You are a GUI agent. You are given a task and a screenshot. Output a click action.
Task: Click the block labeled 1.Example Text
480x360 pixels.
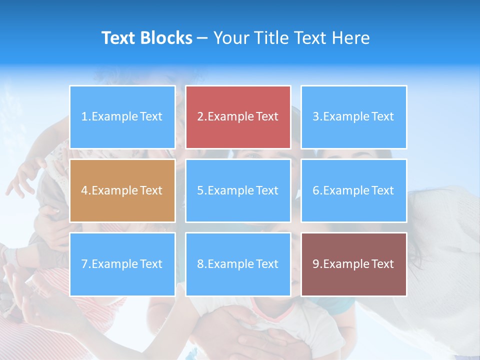[122, 117]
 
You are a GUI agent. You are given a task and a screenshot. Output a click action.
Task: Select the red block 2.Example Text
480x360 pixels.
[238, 117]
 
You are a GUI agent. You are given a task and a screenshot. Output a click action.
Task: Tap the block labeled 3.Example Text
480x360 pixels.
[353, 117]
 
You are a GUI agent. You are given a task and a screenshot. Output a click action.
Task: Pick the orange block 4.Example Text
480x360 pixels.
[122, 190]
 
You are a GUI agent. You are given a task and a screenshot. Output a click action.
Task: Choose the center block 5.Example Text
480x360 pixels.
[238, 190]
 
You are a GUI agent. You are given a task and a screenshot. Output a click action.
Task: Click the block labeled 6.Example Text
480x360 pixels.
[353, 190]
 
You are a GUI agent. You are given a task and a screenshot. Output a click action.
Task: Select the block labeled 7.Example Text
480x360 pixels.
[122, 264]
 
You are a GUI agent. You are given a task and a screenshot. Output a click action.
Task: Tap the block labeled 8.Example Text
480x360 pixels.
[238, 264]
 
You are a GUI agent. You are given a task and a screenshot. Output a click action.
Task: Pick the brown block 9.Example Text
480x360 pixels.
[353, 264]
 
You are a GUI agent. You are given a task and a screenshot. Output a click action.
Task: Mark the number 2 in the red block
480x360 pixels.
[200, 117]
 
